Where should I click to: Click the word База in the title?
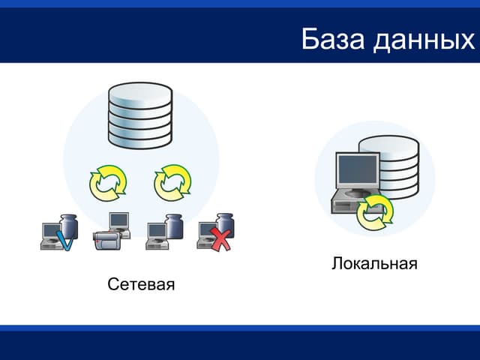[332, 39]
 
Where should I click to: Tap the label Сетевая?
[141, 285]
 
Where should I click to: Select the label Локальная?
[373, 264]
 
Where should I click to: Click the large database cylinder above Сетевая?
[141, 116]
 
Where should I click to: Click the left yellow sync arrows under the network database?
[108, 183]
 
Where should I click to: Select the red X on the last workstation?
[220, 241]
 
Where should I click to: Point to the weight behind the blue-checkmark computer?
[69, 225]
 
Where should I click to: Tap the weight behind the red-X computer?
[224, 223]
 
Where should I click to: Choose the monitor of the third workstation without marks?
[156, 230]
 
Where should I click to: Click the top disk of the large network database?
[141, 94]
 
